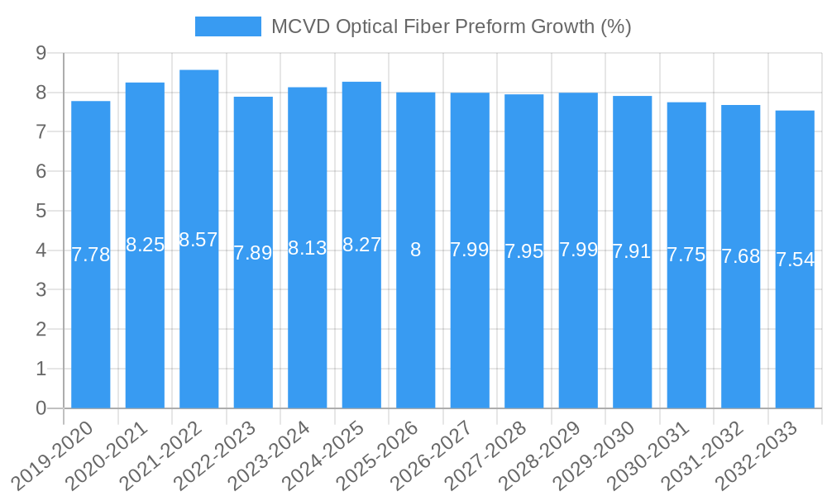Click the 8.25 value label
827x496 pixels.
146,245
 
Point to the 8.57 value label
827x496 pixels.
199,240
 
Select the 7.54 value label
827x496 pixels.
795,260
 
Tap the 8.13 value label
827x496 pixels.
308,248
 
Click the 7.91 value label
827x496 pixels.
633,251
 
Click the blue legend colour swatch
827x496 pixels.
227,26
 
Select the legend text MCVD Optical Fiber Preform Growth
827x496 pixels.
452,26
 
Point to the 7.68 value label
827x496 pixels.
741,256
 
